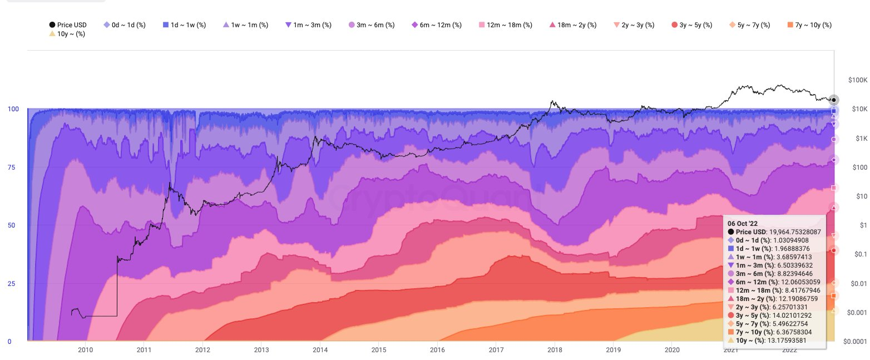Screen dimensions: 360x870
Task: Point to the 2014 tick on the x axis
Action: pos(320,350)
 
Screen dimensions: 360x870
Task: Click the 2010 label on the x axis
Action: pos(85,350)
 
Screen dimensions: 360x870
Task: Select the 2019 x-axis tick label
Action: pos(614,350)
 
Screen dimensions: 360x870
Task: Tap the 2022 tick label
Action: pos(790,350)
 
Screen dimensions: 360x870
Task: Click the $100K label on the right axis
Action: pos(858,80)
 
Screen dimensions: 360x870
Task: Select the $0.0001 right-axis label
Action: pos(856,341)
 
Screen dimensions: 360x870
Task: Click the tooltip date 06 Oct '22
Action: pos(747,223)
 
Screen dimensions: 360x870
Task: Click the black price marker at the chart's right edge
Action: pos(833,100)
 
